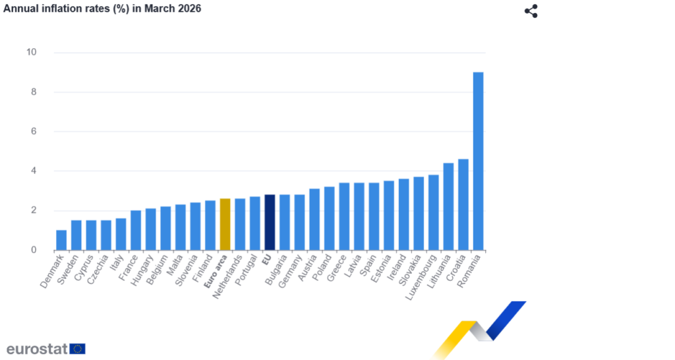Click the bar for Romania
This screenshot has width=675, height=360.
coord(478,162)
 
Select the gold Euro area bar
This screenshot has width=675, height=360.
coord(225,224)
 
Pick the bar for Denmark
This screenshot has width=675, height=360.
coord(61,240)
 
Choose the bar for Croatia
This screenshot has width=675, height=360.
coord(463,204)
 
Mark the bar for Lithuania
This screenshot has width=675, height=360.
coord(448,206)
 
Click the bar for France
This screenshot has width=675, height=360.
coord(136,230)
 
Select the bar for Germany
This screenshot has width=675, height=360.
coord(299,222)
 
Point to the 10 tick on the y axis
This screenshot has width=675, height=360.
coord(31,53)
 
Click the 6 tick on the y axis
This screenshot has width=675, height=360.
coord(32,132)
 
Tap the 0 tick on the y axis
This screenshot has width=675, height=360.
coord(32,251)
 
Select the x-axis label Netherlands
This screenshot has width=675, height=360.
coord(229,277)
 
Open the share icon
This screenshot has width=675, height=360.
coord(531,11)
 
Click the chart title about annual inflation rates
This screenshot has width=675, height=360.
coord(103,9)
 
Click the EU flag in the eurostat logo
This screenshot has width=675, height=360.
coord(77,349)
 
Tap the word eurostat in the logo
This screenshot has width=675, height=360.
coord(37,349)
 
